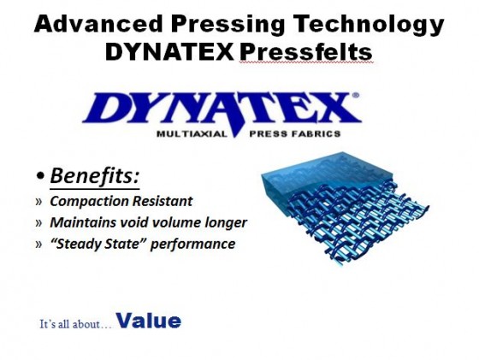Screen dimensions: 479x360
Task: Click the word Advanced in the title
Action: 98,24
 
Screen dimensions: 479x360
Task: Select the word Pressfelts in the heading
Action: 306,51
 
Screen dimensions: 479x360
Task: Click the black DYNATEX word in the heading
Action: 169,51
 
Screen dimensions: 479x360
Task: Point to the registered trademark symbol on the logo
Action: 356,95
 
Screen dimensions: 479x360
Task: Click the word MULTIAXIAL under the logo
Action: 192,133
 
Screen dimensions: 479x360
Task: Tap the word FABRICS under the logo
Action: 316,133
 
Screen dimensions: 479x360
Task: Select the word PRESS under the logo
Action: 268,133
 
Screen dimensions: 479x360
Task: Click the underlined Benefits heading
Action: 94,176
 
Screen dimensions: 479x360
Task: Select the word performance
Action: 193,245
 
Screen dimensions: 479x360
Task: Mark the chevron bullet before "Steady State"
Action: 38,245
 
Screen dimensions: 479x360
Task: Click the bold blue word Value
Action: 149,321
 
